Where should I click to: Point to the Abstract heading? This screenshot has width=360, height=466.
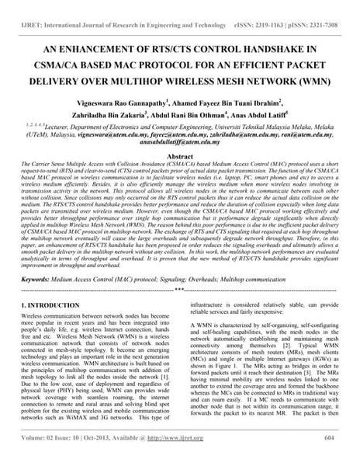[x=179, y=156]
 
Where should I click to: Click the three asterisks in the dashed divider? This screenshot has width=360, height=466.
[x=179, y=269]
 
